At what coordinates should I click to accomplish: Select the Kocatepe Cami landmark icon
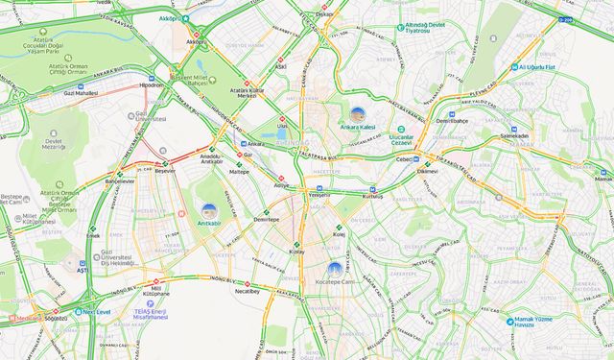coord(334,269)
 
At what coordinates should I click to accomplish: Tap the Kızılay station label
coord(295,251)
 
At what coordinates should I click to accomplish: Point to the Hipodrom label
coord(152,84)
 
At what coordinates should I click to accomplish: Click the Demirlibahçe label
coord(451,122)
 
